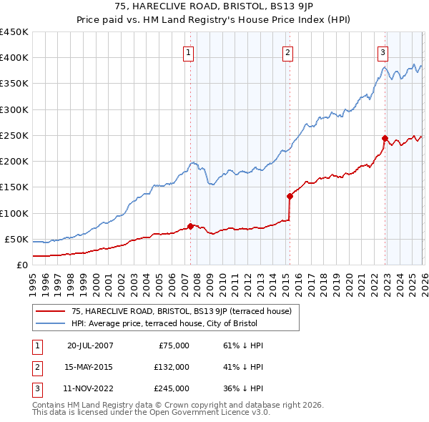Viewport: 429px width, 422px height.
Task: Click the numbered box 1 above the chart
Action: click(187, 51)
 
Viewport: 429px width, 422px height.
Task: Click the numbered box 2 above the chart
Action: click(287, 51)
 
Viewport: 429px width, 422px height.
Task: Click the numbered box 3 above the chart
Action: click(383, 51)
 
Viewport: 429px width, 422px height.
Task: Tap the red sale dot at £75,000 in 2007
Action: click(190, 226)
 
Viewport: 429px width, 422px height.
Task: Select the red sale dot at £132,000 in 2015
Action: click(290, 196)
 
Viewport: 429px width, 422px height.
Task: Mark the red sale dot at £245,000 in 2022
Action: click(385, 138)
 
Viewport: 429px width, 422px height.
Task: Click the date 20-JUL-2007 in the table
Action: click(91, 345)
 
